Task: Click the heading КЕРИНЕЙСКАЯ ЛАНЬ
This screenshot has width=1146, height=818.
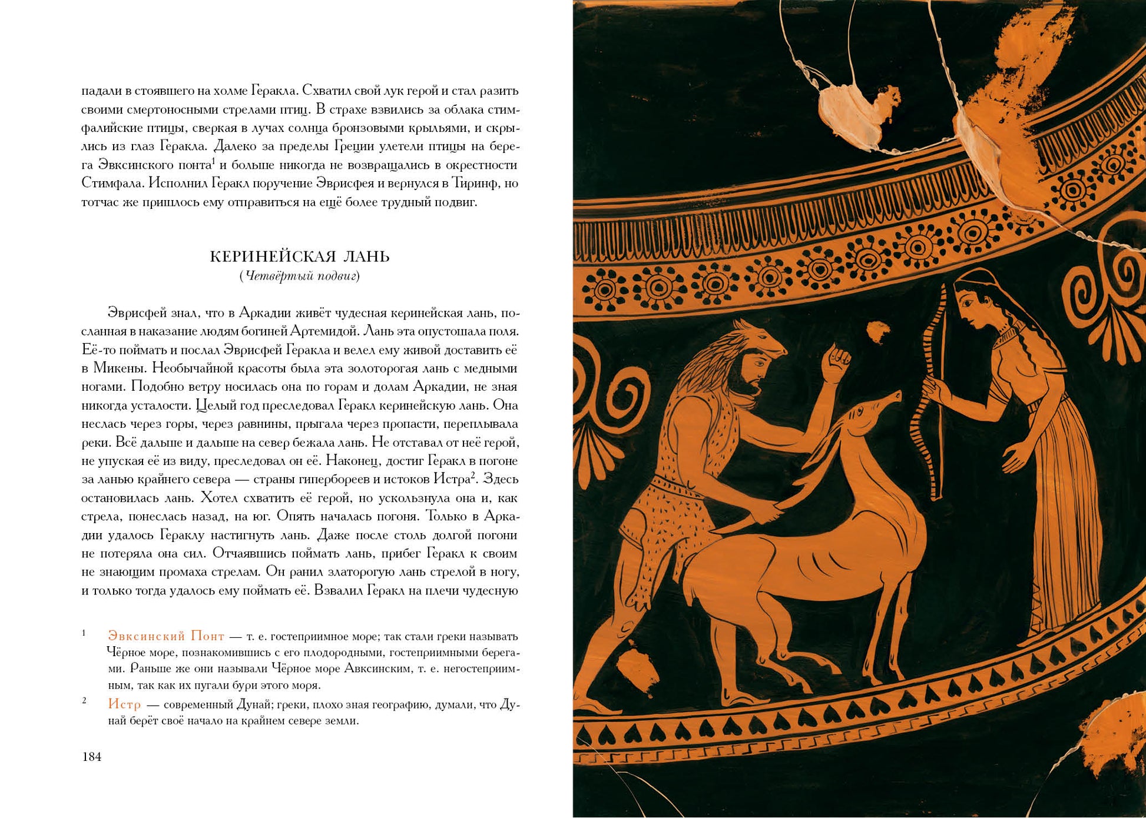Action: (300, 257)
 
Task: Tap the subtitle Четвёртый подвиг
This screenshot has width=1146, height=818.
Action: (300, 276)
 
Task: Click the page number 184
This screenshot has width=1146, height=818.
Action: (92, 757)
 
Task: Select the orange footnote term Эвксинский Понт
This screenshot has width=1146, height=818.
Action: (166, 636)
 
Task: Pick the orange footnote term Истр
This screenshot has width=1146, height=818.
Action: (124, 704)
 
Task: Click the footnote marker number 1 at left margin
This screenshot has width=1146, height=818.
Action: (84, 633)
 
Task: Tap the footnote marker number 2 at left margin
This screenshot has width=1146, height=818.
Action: (84, 700)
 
